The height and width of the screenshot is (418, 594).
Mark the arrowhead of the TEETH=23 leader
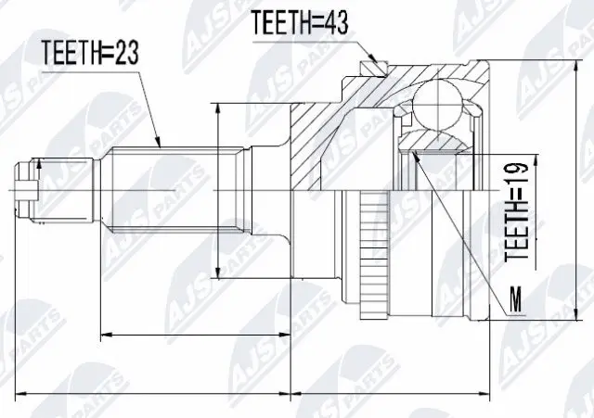[161, 147]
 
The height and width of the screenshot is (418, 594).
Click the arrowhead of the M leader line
[420, 154]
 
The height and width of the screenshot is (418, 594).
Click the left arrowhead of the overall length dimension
[23, 393]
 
